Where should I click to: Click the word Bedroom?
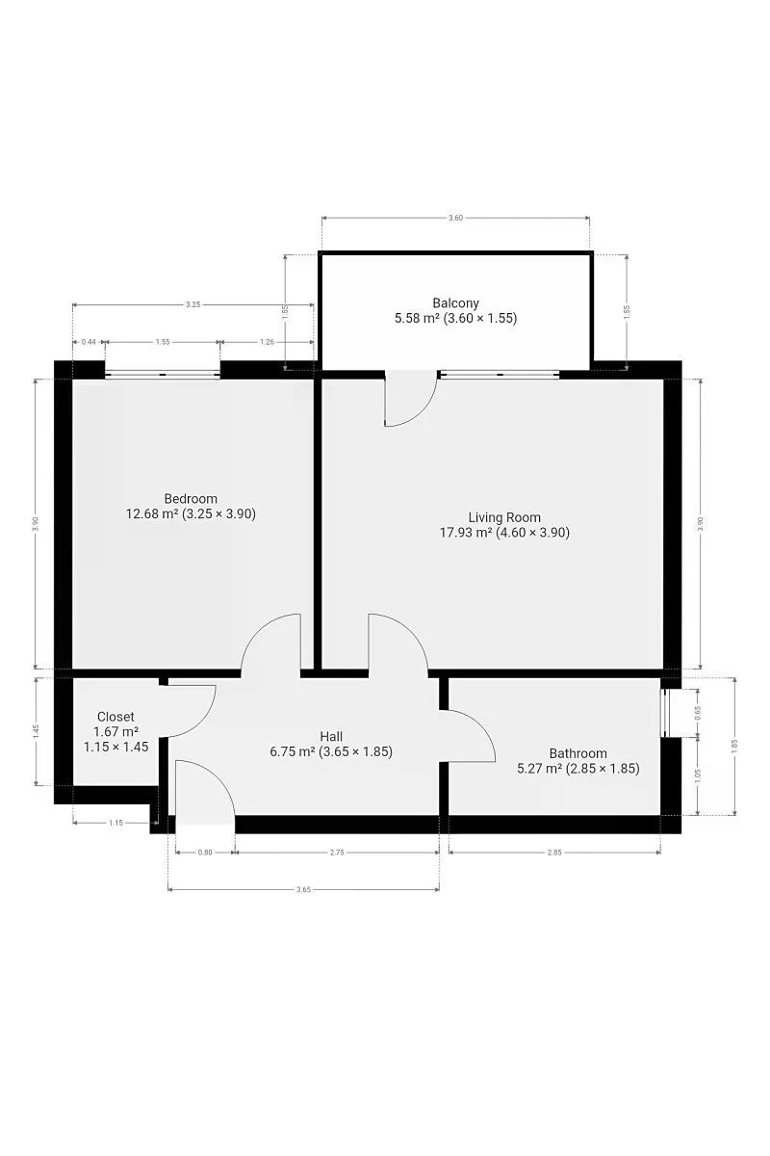click(x=191, y=499)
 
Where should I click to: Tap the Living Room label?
click(x=504, y=517)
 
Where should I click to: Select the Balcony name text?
click(x=455, y=302)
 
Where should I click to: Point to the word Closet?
click(x=115, y=717)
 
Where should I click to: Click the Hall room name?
click(x=331, y=736)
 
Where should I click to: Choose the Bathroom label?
click(x=577, y=753)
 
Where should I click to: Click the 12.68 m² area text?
click(x=152, y=513)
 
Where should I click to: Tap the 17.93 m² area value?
click(x=466, y=532)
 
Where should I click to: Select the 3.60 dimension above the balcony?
click(x=455, y=218)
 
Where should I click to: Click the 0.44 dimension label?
click(x=89, y=342)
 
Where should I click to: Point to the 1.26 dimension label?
click(x=267, y=342)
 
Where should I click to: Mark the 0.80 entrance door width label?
click(x=205, y=853)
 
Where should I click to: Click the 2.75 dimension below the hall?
click(x=337, y=853)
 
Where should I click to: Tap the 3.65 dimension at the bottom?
click(x=304, y=890)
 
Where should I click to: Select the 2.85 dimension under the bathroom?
click(x=554, y=853)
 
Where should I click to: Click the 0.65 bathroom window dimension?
click(x=698, y=713)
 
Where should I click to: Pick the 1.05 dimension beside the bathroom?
click(x=698, y=775)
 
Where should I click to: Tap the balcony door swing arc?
click(x=422, y=410)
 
